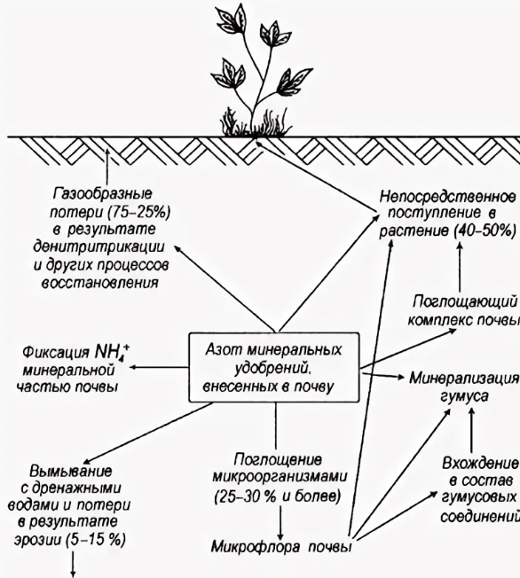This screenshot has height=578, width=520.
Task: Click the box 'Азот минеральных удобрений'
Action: (274, 368)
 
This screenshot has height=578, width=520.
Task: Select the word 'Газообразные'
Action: (103, 193)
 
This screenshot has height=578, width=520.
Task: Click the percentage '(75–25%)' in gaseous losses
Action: (139, 213)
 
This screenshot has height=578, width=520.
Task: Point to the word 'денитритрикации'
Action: (98, 246)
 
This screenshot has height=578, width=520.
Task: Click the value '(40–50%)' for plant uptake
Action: (485, 231)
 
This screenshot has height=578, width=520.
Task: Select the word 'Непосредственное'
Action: (447, 197)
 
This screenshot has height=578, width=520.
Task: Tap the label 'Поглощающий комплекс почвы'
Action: (464, 311)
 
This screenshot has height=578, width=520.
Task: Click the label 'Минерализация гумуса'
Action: (464, 387)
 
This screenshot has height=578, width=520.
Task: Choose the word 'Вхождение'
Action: (480, 463)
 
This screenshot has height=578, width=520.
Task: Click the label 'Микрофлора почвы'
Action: (281, 547)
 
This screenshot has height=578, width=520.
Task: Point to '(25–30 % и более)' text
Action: (277, 497)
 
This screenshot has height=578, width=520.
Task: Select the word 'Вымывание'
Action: (70, 471)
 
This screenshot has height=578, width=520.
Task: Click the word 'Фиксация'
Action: (56, 353)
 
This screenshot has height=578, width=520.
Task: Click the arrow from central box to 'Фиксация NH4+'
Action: (159, 367)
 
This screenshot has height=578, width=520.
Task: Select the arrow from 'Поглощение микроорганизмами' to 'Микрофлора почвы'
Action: (280, 523)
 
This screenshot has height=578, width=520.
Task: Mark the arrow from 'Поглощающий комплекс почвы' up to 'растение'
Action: (460, 266)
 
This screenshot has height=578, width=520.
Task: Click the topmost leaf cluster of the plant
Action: (232, 18)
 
